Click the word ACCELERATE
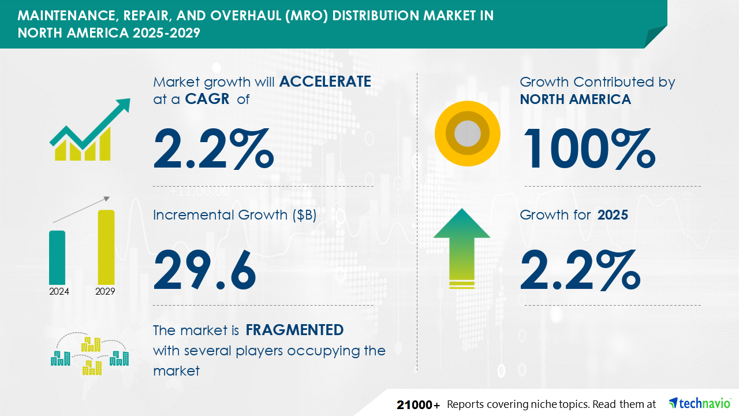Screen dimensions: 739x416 (x=325, y=81)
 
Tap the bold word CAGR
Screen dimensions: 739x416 (x=207, y=99)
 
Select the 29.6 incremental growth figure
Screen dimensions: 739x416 (x=204, y=269)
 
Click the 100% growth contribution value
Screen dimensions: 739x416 (x=589, y=149)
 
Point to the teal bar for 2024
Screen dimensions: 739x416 (x=57, y=258)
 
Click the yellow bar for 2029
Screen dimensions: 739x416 (x=106, y=247)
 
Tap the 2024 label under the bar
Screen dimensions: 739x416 (x=59, y=291)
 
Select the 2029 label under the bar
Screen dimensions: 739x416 (x=105, y=291)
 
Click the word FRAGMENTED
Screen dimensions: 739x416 (x=294, y=330)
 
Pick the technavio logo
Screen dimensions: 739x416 (x=700, y=403)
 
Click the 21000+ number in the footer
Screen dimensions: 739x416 (x=418, y=405)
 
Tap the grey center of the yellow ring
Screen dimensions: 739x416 (x=468, y=133)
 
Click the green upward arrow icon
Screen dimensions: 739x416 (x=462, y=248)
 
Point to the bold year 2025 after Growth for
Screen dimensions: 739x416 (x=613, y=215)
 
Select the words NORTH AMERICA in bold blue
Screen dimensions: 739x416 (x=576, y=99)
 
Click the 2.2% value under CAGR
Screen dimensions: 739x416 (x=214, y=149)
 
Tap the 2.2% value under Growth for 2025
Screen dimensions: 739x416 (x=580, y=269)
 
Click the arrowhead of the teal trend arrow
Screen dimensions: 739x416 (x=123, y=105)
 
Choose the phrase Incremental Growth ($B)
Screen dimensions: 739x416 (x=234, y=215)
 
